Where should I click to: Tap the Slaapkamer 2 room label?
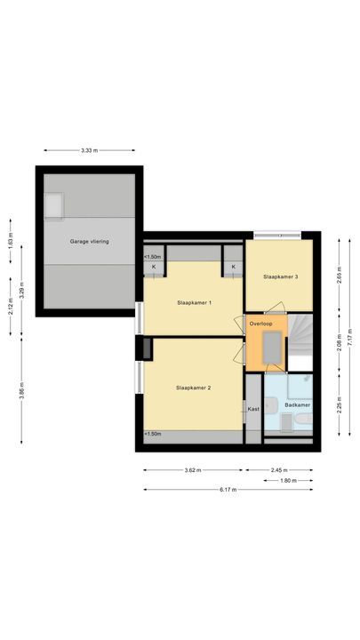click(x=193, y=388)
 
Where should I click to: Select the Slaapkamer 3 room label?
click(x=280, y=277)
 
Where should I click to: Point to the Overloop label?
click(x=260, y=324)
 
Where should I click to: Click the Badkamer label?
click(x=296, y=405)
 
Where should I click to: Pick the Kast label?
click(x=253, y=409)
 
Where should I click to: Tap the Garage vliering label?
click(x=90, y=241)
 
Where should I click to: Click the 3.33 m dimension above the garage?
click(x=88, y=151)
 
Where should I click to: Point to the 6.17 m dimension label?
click(x=228, y=489)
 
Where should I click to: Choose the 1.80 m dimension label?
click(x=288, y=480)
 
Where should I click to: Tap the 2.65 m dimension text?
click(x=339, y=276)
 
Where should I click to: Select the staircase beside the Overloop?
click(x=300, y=342)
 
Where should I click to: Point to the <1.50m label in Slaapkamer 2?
click(x=152, y=434)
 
